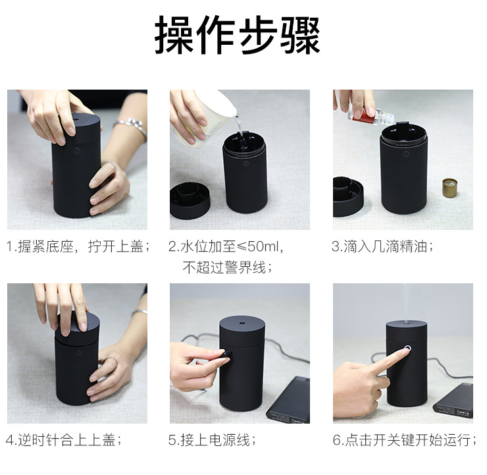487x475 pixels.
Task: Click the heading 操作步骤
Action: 238,35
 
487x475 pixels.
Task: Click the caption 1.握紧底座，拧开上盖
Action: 78,246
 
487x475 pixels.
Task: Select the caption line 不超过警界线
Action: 227,267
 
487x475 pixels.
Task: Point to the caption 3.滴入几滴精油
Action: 382,246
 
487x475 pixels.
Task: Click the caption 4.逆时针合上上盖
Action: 63,440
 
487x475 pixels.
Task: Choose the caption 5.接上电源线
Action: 212,440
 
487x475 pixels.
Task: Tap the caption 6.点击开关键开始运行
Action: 404,440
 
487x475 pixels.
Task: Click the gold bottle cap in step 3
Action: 449,188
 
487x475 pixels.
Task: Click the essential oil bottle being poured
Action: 371,115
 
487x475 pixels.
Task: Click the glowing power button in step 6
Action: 407,348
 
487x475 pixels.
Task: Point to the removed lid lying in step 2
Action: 190,200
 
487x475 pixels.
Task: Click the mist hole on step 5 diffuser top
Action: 242,323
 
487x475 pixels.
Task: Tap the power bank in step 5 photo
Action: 289,401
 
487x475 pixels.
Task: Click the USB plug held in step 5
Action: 226,355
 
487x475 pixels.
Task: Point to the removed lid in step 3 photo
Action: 348,196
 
